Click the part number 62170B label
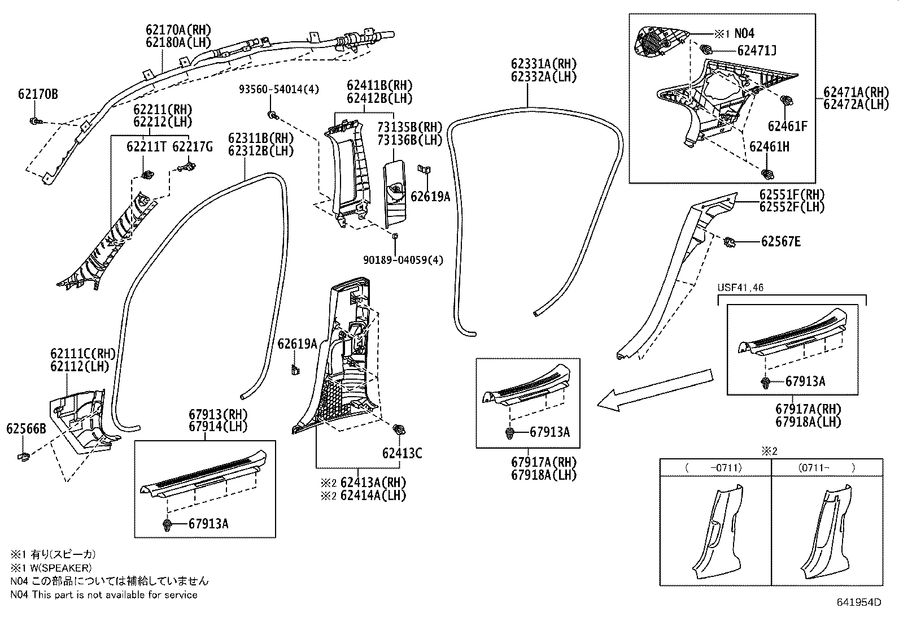click(37, 94)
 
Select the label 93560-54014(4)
click(278, 89)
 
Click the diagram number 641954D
click(858, 602)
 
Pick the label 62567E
click(780, 242)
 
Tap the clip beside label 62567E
click(730, 243)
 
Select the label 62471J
click(757, 51)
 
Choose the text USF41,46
click(740, 288)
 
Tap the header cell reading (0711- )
click(827, 467)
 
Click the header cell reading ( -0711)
click(715, 467)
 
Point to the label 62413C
click(402, 453)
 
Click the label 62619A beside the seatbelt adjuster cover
click(430, 197)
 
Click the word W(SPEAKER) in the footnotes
click(58, 568)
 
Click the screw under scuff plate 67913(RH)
click(167, 524)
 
